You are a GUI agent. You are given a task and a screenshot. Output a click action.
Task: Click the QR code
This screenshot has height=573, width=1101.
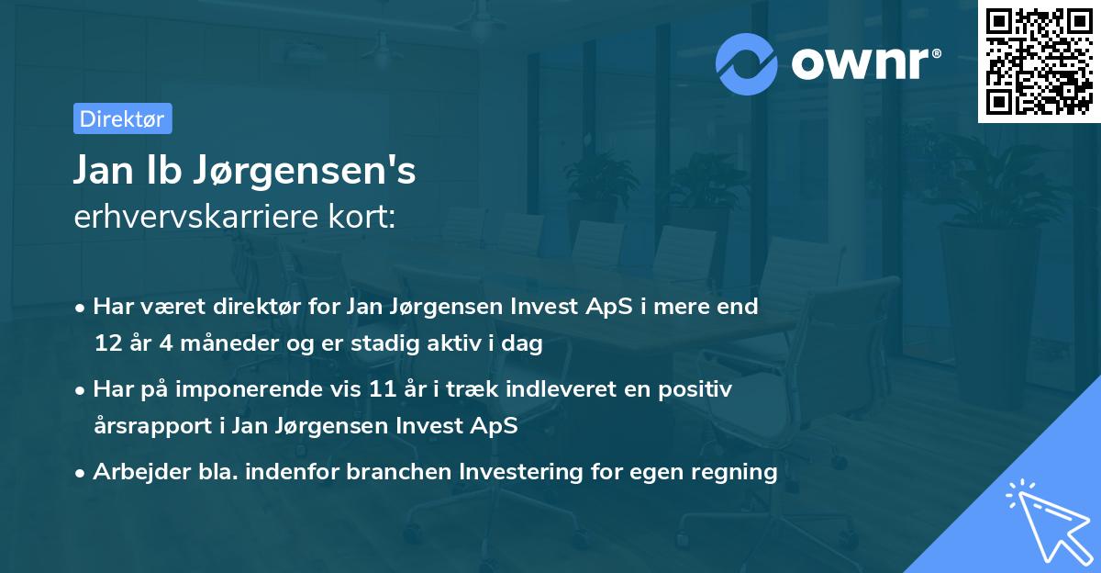pyautogui.click(x=1039, y=62)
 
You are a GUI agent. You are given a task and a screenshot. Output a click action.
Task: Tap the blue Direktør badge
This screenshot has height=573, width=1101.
pyautogui.click(x=122, y=118)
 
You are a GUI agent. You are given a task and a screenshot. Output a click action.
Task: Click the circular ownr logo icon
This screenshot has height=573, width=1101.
pyautogui.click(x=747, y=63)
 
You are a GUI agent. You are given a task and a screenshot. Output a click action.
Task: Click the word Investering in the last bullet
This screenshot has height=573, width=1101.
pyautogui.click(x=516, y=472)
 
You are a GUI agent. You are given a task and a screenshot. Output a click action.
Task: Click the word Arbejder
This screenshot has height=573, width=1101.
pyautogui.click(x=135, y=473)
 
